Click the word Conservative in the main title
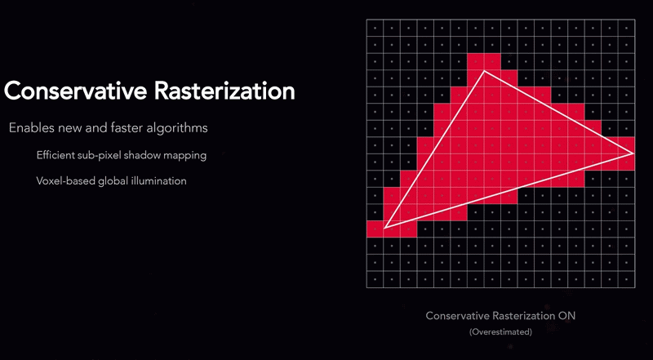[75, 91]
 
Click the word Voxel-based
[66, 181]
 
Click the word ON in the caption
[566, 316]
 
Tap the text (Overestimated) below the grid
[500, 332]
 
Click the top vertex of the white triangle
[484, 71]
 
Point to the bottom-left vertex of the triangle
[384, 228]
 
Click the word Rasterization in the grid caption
[523, 316]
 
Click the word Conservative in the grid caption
[457, 316]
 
